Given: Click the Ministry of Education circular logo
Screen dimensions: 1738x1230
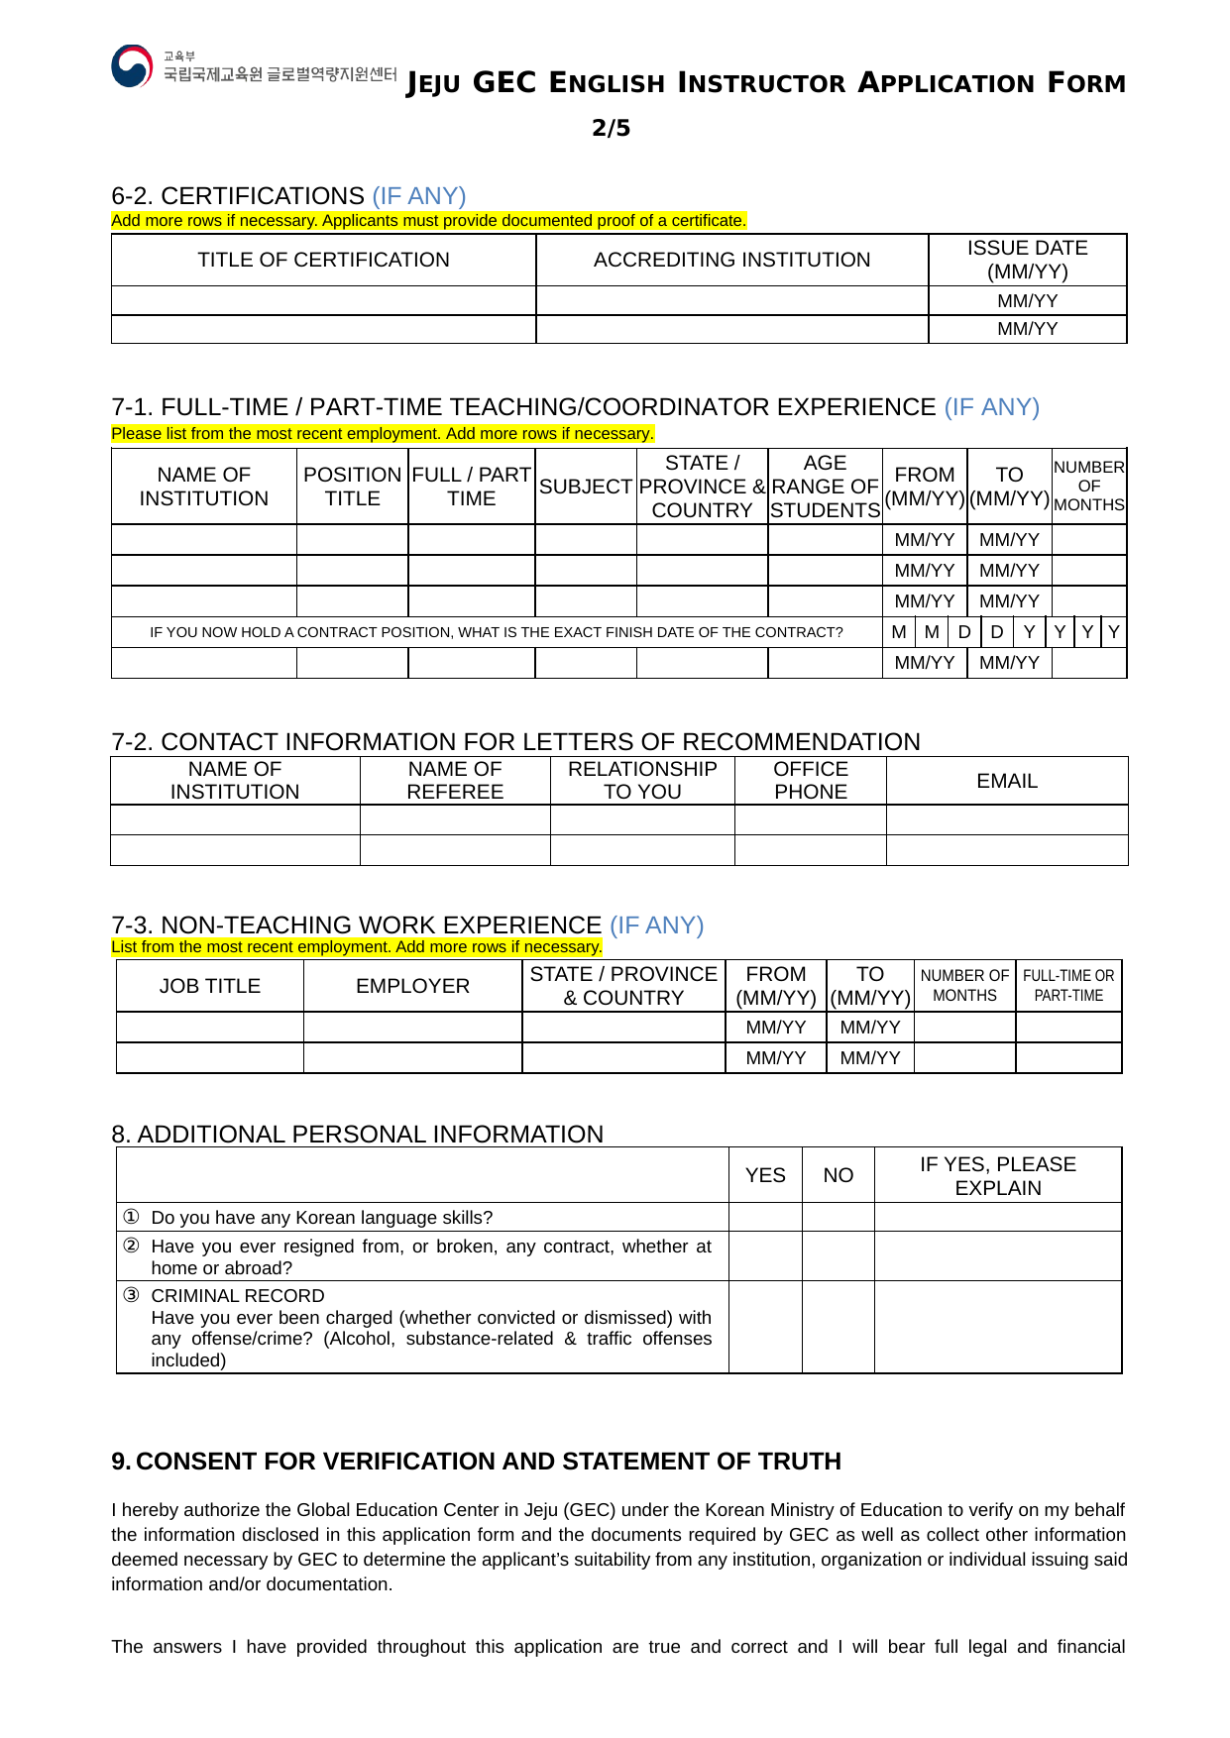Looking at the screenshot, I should (x=132, y=66).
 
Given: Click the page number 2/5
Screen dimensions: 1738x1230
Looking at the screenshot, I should (x=611, y=128).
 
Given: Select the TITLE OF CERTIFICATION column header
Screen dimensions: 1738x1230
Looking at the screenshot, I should (x=323, y=260).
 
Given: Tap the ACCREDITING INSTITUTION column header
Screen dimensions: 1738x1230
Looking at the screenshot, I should (x=731, y=260).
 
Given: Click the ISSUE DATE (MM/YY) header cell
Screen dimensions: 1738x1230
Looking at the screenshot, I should (x=1027, y=260).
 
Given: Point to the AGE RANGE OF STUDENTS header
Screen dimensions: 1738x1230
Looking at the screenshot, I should (x=825, y=487).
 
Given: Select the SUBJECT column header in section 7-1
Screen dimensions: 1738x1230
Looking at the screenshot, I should (x=586, y=487).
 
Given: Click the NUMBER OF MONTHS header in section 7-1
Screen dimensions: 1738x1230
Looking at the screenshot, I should (x=1088, y=487).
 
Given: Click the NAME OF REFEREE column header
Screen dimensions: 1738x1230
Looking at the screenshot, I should (x=455, y=781).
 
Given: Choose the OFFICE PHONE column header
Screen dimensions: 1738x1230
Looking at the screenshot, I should (x=810, y=781).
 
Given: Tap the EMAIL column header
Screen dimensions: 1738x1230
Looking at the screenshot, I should (x=1007, y=781).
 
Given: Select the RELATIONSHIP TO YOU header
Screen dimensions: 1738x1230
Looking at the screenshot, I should (x=642, y=781).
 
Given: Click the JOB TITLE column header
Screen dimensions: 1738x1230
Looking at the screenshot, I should (x=210, y=986).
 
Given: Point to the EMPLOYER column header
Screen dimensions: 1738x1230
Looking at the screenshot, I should (x=412, y=986).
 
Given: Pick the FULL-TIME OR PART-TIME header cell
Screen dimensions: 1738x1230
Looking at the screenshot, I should (x=1068, y=986).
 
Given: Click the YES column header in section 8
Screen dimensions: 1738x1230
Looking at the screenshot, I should (x=765, y=1175).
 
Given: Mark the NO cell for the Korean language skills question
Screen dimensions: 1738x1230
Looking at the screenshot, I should (x=838, y=1217).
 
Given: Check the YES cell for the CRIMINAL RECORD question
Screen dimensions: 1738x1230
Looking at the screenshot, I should (x=765, y=1327).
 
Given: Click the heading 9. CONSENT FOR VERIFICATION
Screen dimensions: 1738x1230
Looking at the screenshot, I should (x=476, y=1462).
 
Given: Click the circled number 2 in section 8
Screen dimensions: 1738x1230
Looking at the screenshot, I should (x=131, y=1246).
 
